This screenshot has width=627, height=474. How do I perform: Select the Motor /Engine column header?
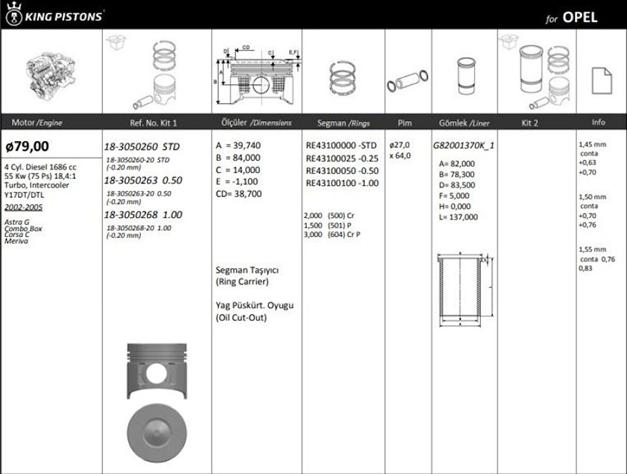(x=37, y=123)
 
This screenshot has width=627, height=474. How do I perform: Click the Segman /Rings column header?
(x=343, y=123)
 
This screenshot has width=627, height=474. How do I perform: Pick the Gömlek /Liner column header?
(x=461, y=123)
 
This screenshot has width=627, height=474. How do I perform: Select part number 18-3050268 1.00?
(x=143, y=215)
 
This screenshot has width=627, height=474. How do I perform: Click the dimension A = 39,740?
(x=238, y=145)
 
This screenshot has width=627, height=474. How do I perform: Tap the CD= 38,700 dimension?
(x=239, y=194)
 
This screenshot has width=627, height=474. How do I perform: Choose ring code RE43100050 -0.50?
(x=342, y=171)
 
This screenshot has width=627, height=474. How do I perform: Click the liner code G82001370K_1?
(x=464, y=145)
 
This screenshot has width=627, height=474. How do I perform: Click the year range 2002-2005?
(x=23, y=208)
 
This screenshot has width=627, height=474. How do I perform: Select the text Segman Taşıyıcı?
(x=247, y=270)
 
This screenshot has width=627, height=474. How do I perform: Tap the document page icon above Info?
(x=601, y=81)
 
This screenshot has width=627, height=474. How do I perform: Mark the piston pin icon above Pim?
(x=408, y=81)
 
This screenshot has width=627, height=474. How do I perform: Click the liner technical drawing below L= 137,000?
(x=462, y=289)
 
